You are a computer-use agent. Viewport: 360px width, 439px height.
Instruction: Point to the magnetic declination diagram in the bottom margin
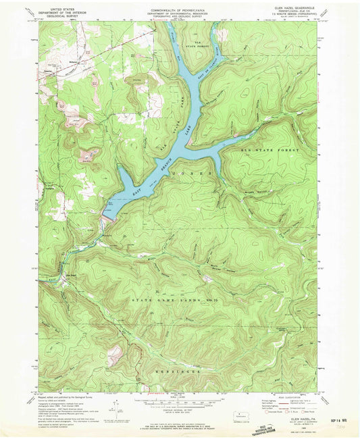[109, 407]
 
